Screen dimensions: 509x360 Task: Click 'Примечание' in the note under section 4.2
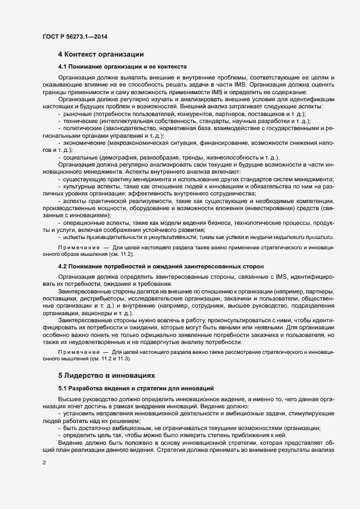(x=76, y=353)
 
